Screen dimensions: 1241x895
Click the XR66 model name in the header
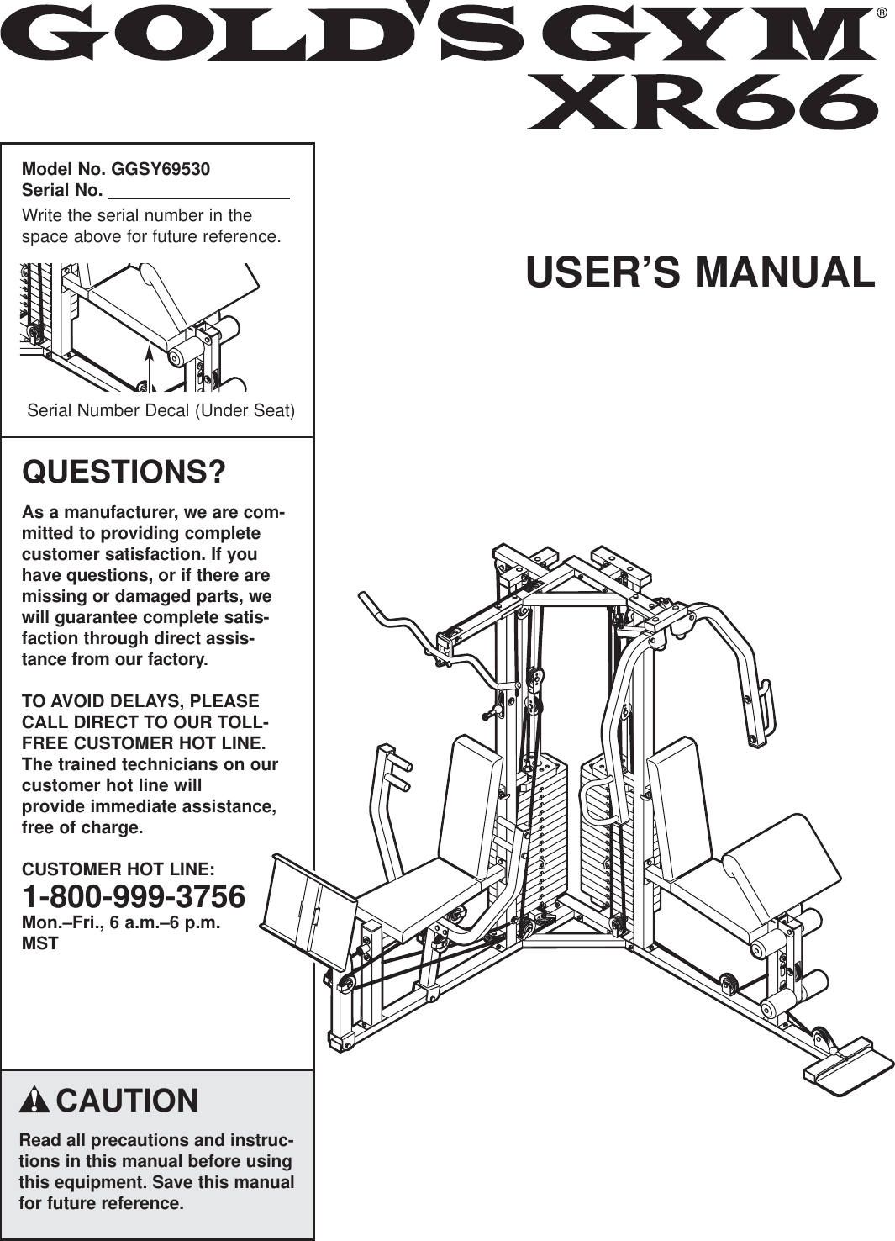tap(702, 103)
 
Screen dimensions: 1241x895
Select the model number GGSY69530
tap(161, 169)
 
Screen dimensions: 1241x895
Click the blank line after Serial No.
tap(199, 192)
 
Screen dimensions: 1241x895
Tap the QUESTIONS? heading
tap(124, 472)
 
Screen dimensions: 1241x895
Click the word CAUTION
tap(127, 1101)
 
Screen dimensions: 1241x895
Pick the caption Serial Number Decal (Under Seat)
tap(161, 411)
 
